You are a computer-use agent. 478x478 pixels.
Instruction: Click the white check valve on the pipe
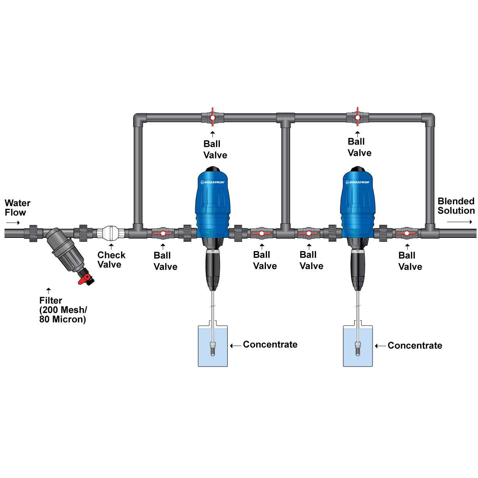[111, 233]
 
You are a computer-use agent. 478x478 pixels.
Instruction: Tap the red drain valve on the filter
[85, 279]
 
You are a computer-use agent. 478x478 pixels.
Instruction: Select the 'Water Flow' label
[17, 208]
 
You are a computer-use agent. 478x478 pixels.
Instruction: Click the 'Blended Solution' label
[456, 206]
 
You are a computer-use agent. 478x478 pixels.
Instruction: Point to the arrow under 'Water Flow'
[13, 223]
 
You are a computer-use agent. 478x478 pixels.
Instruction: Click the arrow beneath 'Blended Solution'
[459, 222]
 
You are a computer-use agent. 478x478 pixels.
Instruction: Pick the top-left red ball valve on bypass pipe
[212, 117]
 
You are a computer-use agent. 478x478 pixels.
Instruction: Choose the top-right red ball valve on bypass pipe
[357, 117]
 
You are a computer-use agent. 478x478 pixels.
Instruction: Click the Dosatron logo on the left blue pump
[213, 182]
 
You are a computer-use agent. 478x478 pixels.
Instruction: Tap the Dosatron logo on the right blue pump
[358, 182]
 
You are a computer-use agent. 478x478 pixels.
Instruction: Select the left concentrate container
[213, 346]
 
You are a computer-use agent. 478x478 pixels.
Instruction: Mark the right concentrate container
[358, 346]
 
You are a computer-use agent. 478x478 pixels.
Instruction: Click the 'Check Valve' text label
[111, 260]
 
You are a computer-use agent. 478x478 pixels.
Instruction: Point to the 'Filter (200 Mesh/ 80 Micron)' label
[63, 310]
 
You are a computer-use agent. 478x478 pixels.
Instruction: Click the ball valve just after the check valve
[162, 234]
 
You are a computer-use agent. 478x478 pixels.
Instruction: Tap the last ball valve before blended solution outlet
[407, 234]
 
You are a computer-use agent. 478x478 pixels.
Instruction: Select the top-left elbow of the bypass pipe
[139, 119]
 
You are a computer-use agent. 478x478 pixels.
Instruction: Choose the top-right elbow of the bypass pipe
[428, 119]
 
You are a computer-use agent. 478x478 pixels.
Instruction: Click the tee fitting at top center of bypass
[285, 119]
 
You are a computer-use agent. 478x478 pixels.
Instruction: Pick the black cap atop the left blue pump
[212, 169]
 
